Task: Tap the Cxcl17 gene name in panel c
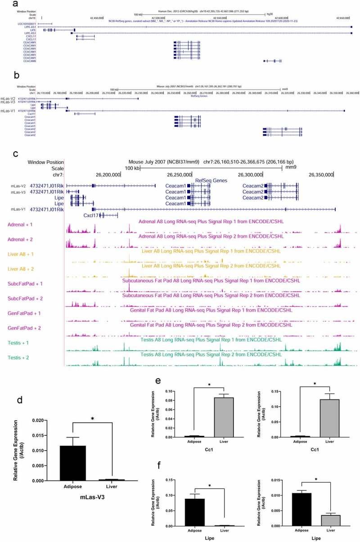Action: pyautogui.click(x=90, y=216)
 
